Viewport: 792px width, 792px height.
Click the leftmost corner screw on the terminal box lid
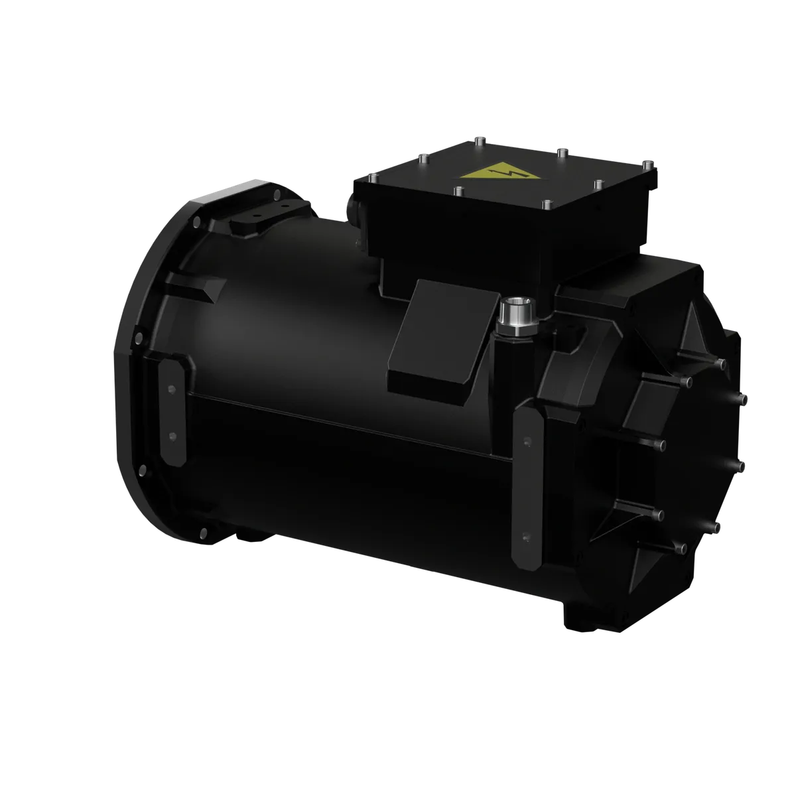pos(373,176)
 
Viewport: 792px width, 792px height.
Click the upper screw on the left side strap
pos(171,389)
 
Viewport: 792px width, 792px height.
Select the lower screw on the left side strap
pos(172,435)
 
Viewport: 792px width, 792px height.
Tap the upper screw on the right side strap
pos(527,440)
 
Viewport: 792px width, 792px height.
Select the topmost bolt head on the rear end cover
pos(721,363)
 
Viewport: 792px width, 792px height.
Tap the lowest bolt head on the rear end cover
pos(680,548)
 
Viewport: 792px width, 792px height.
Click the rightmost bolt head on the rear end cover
pos(747,399)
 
